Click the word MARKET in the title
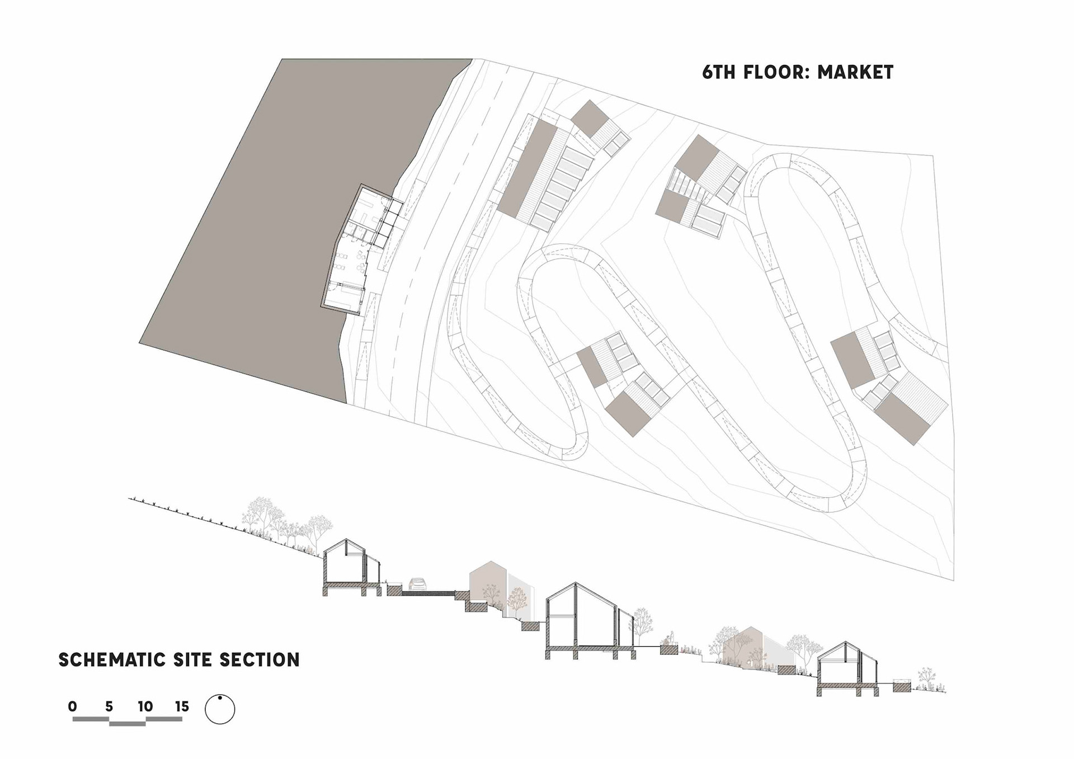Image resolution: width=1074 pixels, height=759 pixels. [855, 72]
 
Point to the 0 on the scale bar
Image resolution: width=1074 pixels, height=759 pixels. [73, 706]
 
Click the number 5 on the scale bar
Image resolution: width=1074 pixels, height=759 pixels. [109, 706]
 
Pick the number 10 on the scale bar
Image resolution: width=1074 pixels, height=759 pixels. [145, 706]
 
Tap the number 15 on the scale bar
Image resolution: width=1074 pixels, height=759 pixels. [182, 706]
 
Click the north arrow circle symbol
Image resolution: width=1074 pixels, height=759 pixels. [220, 709]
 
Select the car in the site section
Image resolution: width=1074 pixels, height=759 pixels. [417, 584]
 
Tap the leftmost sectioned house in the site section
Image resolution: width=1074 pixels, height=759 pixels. [351, 568]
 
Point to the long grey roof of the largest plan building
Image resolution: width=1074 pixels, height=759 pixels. [527, 168]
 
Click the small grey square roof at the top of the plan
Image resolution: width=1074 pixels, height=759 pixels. [589, 117]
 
